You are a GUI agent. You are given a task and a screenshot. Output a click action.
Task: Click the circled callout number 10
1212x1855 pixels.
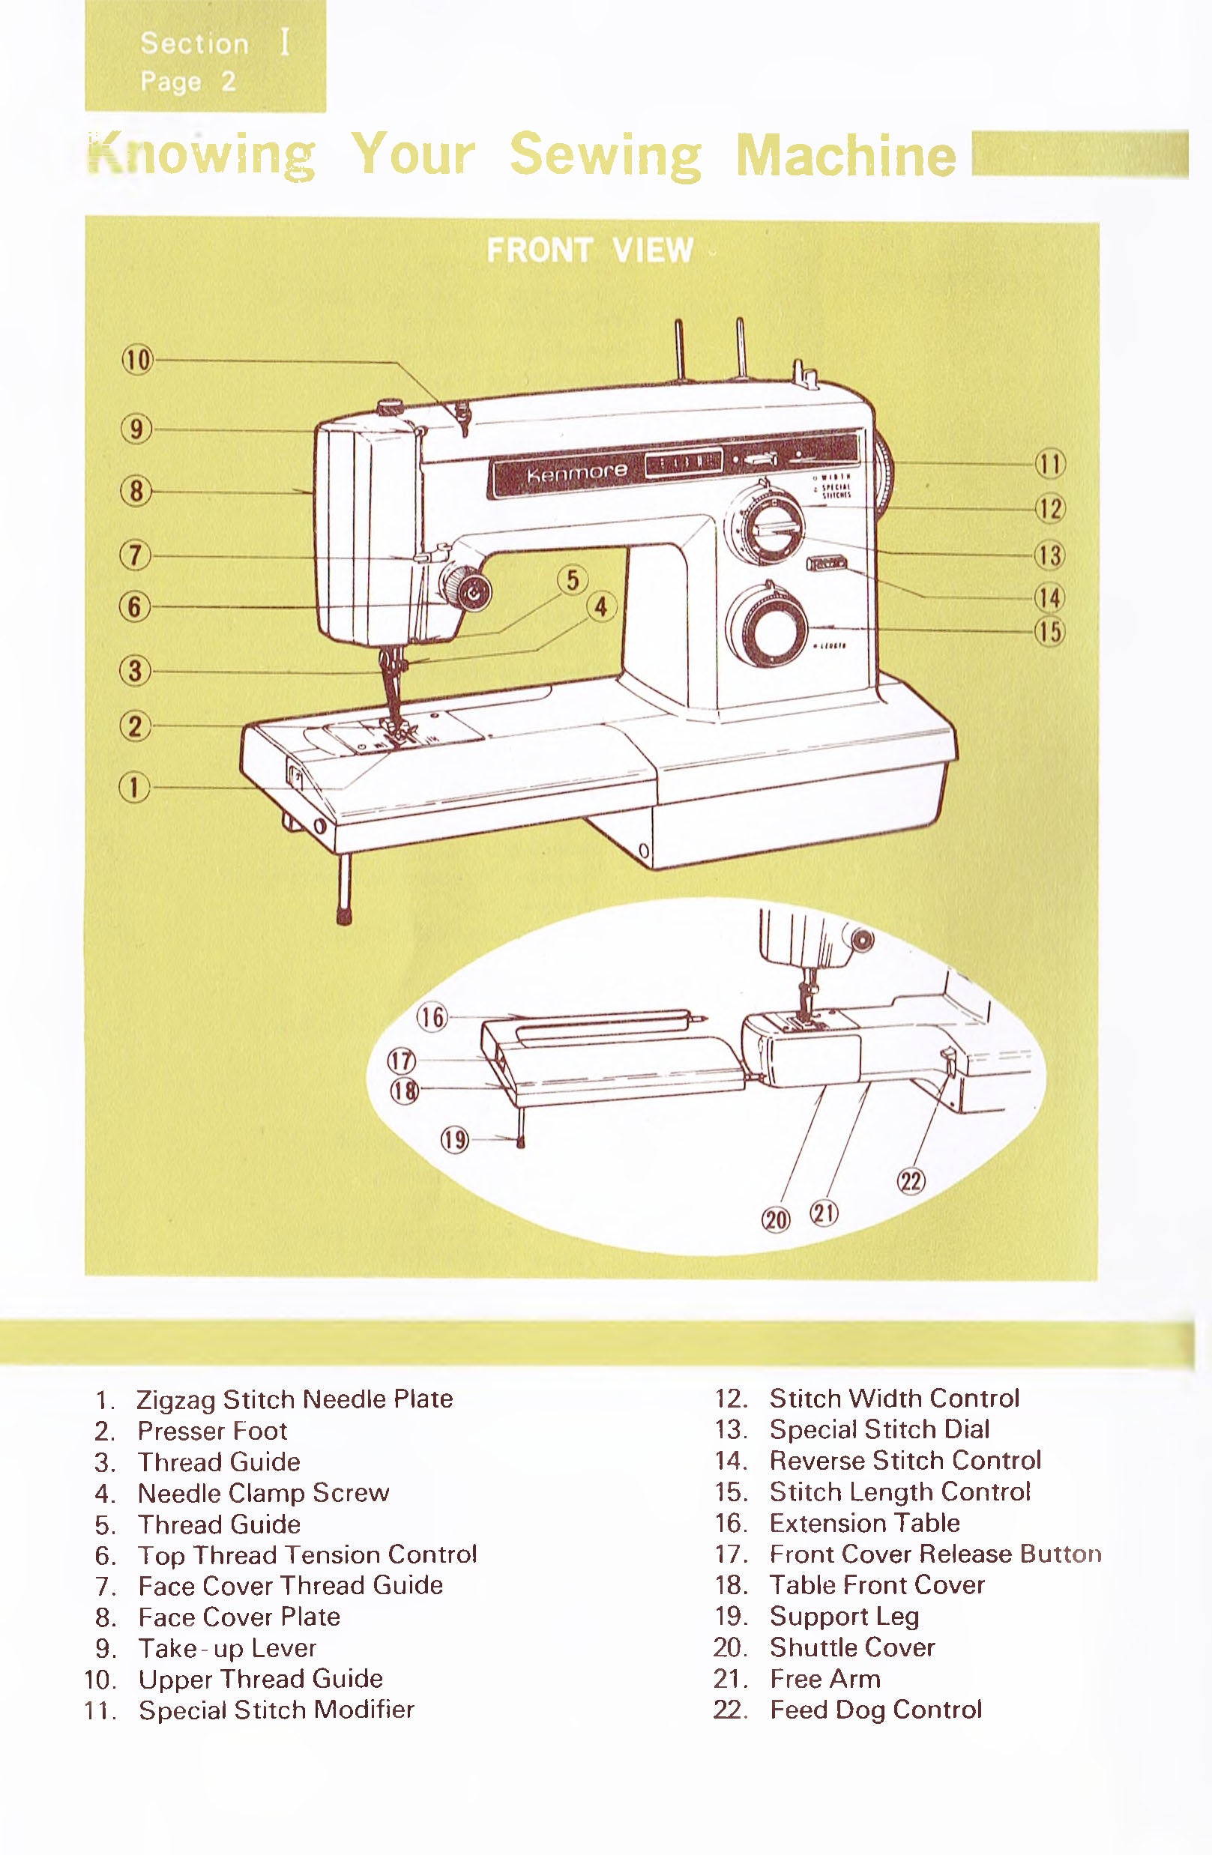137,360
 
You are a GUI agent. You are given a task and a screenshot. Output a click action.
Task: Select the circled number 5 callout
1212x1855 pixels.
573,580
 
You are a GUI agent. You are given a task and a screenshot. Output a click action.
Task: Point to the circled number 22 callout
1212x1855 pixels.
911,1182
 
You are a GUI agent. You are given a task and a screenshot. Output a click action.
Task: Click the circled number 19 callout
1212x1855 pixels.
454,1140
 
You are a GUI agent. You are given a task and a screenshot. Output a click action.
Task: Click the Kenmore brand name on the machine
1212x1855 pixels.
577,471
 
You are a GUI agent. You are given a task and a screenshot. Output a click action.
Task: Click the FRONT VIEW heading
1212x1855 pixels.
589,250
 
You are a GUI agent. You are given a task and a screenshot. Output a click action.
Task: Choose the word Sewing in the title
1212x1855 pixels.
606,154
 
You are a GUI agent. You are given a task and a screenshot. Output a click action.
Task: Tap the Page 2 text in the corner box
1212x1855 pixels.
187,82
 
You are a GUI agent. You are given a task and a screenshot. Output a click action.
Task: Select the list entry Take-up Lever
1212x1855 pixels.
227,1648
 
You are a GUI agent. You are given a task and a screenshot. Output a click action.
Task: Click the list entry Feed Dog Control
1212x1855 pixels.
875,1710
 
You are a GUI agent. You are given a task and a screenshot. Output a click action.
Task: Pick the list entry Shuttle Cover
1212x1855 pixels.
852,1647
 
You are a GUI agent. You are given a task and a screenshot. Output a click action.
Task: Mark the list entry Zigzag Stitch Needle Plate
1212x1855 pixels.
294,1399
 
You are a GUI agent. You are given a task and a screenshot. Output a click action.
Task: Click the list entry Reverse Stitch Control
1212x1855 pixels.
905,1461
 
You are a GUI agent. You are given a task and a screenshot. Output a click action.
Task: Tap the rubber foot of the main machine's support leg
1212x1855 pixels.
344,915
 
